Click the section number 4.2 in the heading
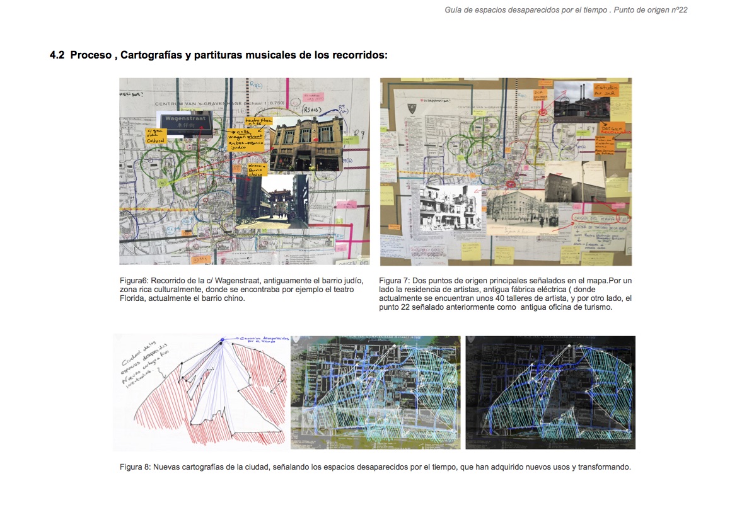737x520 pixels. tap(57, 55)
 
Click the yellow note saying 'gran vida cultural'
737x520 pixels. tap(156, 137)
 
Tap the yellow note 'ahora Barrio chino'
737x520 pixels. tap(257, 169)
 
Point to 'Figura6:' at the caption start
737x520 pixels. tap(134, 280)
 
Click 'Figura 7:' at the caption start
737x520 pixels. tap(395, 280)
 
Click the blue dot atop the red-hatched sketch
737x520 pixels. tap(222, 341)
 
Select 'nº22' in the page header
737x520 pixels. tap(678, 10)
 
